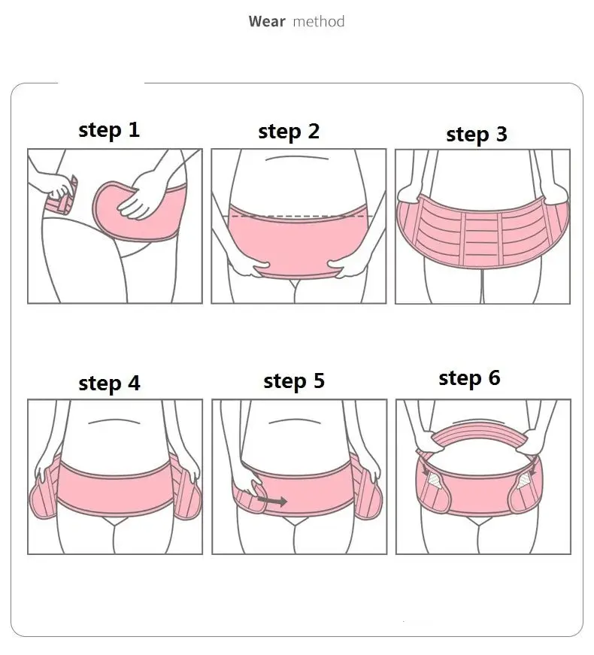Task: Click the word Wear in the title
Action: (266, 21)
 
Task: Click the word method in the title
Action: (318, 21)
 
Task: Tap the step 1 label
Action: (109, 130)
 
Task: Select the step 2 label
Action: (289, 132)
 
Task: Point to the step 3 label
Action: (476, 135)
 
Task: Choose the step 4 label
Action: (109, 384)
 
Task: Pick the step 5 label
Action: (294, 381)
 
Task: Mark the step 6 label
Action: (469, 378)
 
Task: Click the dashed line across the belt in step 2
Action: (299, 217)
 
